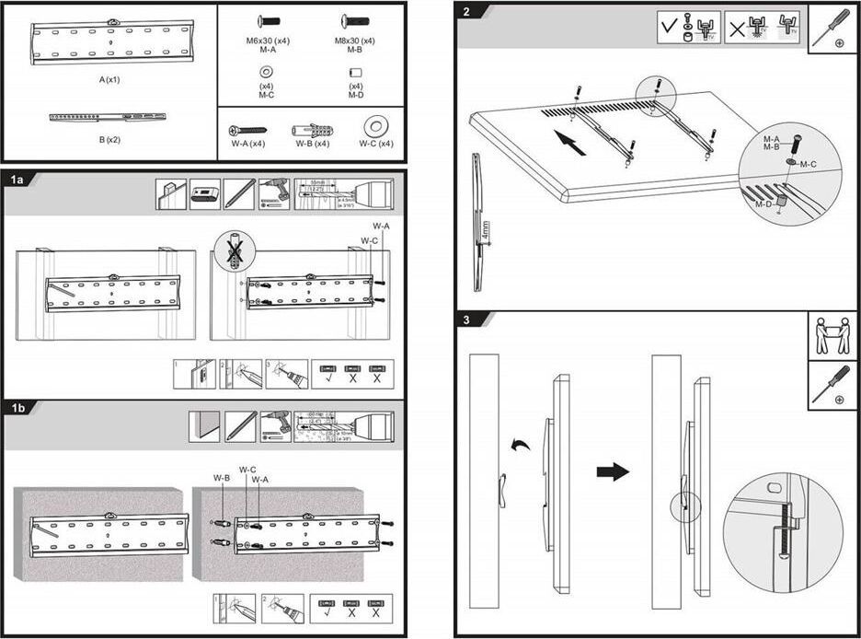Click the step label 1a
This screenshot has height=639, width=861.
(17, 179)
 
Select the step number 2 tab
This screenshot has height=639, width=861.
(468, 12)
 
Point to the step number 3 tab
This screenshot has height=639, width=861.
(468, 319)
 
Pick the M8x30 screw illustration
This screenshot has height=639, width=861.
(355, 20)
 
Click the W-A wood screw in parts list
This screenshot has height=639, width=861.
(247, 130)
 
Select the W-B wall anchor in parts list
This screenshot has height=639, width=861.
(312, 130)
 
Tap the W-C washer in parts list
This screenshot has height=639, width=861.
(374, 127)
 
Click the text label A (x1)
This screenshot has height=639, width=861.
(110, 80)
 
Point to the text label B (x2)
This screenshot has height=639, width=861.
(110, 141)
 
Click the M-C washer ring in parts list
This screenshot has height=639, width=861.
(266, 73)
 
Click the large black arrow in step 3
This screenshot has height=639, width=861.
(613, 472)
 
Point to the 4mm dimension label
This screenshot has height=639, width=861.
(484, 228)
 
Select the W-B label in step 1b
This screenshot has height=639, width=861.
(221, 478)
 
